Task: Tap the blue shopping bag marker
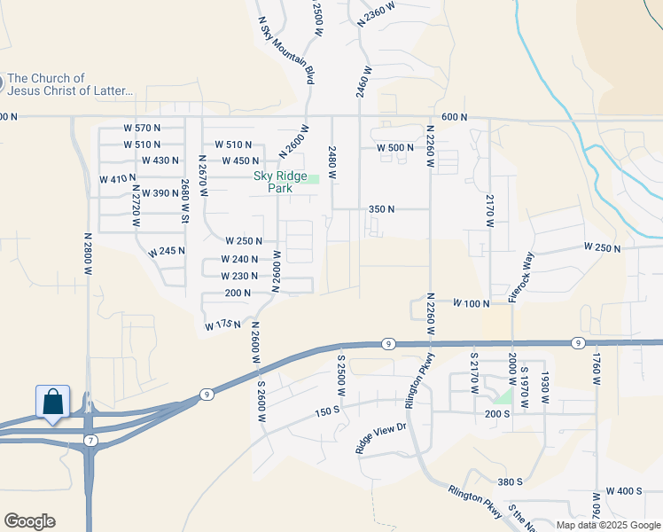pos(52,402)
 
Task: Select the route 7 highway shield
pos(90,440)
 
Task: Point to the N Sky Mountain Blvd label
pos(286,50)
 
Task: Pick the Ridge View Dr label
pos(381,439)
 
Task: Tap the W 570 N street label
pos(142,129)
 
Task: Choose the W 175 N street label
pos(222,326)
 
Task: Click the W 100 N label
pos(472,303)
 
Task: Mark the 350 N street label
pos(381,209)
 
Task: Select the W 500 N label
pos(395,148)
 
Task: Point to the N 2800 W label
pos(88,255)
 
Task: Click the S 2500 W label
pos(339,375)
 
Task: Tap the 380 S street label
pos(511,481)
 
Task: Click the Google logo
pos(29,521)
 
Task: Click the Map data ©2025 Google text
pos(607,525)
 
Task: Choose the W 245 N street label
pos(168,252)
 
